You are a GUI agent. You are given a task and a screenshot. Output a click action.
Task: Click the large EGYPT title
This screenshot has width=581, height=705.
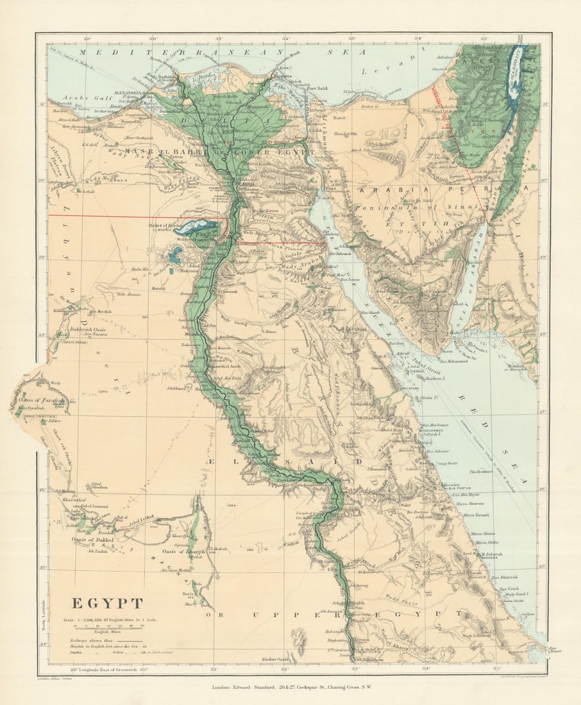pyautogui.click(x=106, y=603)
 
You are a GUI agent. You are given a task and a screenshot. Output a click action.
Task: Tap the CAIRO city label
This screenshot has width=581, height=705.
pyautogui.click(x=247, y=184)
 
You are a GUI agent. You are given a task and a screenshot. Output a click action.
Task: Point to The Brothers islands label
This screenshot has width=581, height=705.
pyautogui.click(x=480, y=471)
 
